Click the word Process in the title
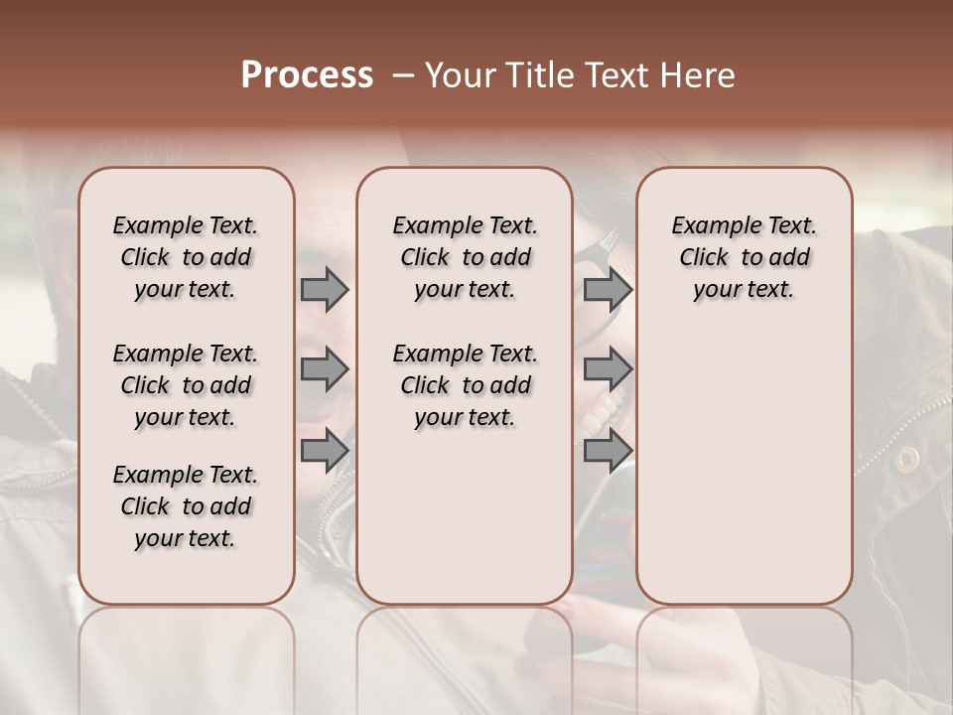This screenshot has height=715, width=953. point(307,75)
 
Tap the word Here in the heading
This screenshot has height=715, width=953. point(698,75)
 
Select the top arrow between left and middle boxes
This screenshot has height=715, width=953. point(325,290)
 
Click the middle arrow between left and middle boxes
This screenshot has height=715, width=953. point(325,369)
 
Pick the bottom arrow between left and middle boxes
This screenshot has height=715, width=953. point(325,450)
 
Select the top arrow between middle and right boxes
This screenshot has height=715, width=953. point(608,290)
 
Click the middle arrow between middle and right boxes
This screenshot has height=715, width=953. point(608,369)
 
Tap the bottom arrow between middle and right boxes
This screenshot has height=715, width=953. point(608,450)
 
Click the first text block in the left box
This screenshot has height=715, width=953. point(186,257)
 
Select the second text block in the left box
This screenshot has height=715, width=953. point(186,385)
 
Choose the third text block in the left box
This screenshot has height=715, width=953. point(186,506)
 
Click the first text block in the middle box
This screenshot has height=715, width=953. point(465,257)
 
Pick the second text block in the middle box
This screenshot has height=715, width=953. point(465,385)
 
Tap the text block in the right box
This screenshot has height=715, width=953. point(744,257)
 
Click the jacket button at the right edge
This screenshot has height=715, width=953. point(906,459)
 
